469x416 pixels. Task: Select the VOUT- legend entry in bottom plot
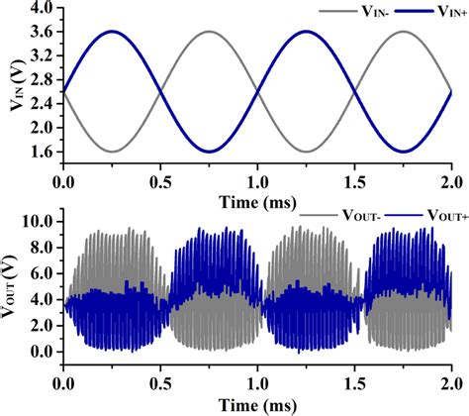(330, 214)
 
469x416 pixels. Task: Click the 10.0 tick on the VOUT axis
(38, 220)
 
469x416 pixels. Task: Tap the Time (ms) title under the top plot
(257, 198)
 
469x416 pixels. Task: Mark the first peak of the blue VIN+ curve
(112, 32)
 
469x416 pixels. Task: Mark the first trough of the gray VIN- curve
(112, 152)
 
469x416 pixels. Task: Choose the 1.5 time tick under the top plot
(354, 183)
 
